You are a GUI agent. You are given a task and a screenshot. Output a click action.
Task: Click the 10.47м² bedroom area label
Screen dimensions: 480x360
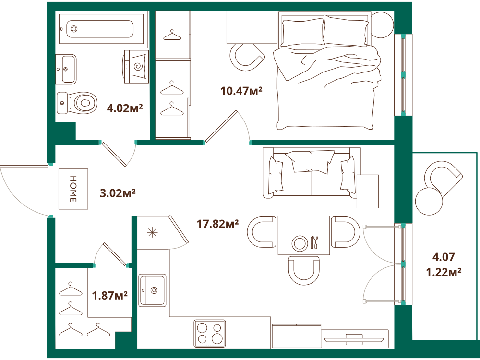point(241,91)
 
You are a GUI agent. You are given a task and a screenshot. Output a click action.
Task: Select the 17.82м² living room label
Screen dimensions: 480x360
point(217,224)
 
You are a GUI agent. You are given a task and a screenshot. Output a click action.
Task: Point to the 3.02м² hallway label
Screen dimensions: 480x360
point(118,193)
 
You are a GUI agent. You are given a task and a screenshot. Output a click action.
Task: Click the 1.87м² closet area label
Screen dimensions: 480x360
point(110,295)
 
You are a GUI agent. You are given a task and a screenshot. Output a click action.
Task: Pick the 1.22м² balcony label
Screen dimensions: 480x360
point(444,272)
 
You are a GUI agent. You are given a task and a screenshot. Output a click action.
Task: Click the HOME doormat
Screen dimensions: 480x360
point(73,189)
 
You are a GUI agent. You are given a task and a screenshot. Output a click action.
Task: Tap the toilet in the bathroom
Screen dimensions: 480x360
point(77,103)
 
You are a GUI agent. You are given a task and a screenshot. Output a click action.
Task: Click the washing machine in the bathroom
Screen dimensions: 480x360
point(136,66)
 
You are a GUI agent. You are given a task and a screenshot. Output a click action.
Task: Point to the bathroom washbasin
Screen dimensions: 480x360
point(66,69)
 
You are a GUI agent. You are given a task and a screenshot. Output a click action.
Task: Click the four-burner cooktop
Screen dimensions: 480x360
point(209,333)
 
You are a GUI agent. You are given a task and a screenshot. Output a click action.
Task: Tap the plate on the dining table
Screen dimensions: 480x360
point(300,244)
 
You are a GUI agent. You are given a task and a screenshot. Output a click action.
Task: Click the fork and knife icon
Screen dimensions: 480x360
point(315,242)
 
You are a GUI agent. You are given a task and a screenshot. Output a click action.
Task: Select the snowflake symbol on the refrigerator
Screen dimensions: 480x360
point(152,233)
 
